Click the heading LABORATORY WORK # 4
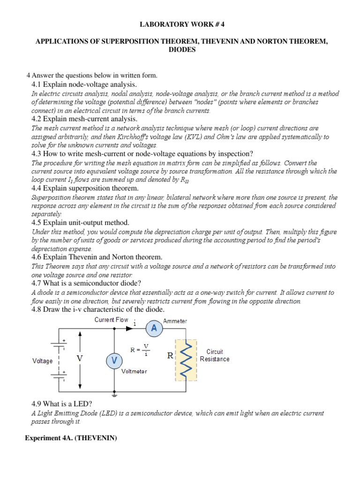click(x=180, y=24)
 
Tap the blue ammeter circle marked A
click(x=154, y=329)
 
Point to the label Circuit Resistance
click(x=215, y=355)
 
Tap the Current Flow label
click(x=111, y=320)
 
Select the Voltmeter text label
click(x=134, y=371)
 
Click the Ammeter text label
click(x=175, y=321)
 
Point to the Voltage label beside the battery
click(x=42, y=361)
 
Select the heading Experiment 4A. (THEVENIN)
click(x=71, y=438)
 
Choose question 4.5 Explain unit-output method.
click(x=80, y=222)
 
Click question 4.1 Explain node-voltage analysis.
click(x=84, y=84)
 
